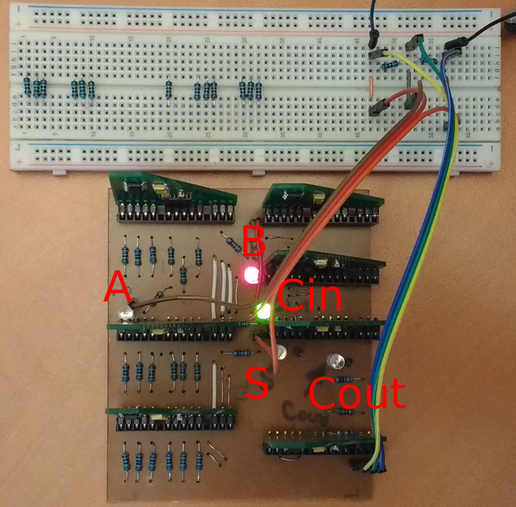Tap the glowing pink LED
click(x=250, y=275)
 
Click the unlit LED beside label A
click(x=124, y=315)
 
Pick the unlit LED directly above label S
click(x=280, y=352)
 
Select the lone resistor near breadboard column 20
click(x=168, y=90)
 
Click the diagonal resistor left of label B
click(x=233, y=244)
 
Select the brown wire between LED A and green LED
click(x=191, y=299)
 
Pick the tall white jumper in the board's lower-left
click(x=215, y=386)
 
